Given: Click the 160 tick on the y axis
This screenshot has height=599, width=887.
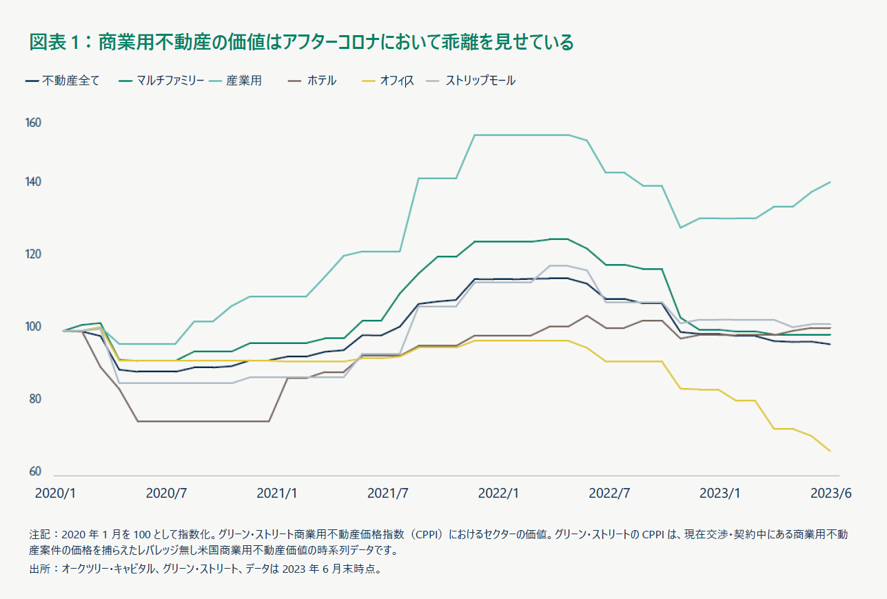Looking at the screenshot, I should pos(34,123).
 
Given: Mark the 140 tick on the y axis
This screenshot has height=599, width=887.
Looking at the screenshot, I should pos(34,183).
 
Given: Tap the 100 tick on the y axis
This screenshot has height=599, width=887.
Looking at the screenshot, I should pos(34,327).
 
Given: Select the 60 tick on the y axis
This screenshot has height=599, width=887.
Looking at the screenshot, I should pos(34,472).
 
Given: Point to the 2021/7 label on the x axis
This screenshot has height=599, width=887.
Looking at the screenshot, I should pos(388,494).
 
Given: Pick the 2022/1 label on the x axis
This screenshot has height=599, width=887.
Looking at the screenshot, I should pos(498,494).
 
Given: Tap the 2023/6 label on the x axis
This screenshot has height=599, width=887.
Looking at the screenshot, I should pos(830,494).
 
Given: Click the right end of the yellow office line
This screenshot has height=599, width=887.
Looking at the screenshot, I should pos(830,451).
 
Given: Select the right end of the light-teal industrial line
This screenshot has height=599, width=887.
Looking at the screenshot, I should pos(830,182).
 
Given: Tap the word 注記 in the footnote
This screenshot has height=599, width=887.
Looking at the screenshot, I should pos(41,534).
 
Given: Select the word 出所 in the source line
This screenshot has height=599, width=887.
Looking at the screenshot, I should pos(41,570).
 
